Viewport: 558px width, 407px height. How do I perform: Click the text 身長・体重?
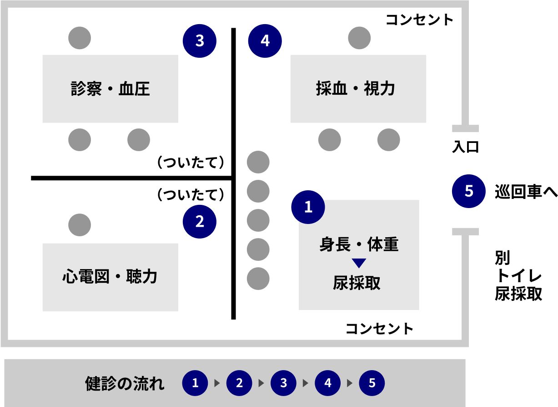point(359,245)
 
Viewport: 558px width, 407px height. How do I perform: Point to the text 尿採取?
point(357,283)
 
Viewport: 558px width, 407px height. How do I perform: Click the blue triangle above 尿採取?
point(359,263)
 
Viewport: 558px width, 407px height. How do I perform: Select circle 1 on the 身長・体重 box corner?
point(308,207)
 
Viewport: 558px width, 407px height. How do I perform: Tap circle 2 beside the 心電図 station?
point(199,222)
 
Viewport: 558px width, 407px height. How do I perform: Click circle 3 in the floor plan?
point(199,41)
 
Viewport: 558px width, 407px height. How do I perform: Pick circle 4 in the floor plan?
point(265,41)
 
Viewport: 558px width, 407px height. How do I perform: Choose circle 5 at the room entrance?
point(468,191)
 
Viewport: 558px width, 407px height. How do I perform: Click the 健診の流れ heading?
point(125,383)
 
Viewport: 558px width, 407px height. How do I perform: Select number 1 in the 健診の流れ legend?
point(195,383)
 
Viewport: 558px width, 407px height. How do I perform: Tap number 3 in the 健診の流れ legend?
point(283,383)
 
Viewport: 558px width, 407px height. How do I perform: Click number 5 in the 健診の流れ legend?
point(372,383)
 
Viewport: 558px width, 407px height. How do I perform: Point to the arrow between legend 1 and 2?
point(217,383)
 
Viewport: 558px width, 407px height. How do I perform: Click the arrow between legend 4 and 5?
point(350,383)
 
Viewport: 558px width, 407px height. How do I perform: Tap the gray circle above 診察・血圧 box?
point(80,38)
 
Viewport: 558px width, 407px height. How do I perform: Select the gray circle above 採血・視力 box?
point(359,38)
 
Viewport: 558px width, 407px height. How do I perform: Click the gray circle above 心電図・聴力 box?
point(80,225)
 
